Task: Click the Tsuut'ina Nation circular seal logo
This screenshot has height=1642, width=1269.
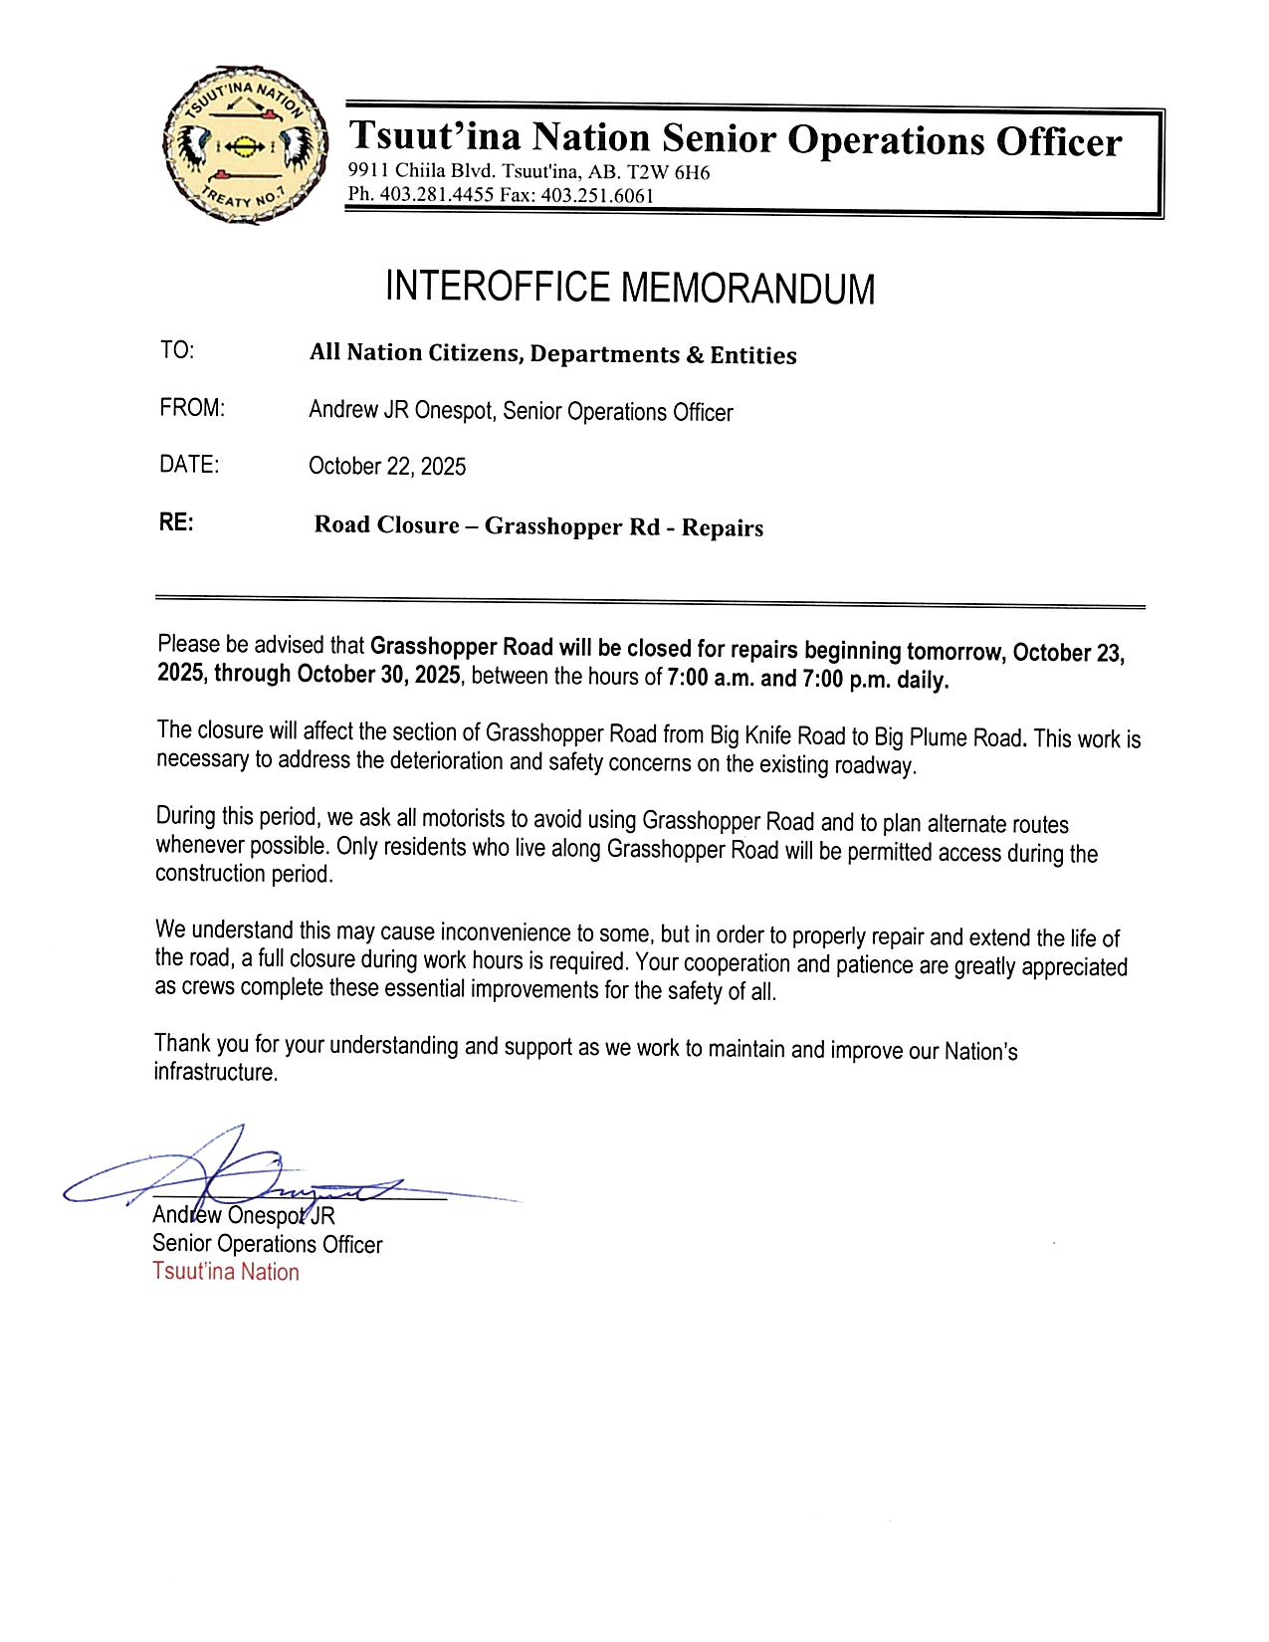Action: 245,146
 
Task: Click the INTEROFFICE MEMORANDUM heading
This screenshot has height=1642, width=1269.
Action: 629,288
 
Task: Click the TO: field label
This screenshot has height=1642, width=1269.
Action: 177,350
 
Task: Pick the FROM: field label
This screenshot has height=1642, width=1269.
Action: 192,408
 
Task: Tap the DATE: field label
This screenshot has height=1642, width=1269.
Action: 189,464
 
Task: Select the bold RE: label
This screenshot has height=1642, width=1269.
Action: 176,522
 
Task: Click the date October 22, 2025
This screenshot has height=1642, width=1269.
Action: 387,466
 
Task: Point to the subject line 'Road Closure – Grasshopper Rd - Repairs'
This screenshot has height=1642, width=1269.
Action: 538,526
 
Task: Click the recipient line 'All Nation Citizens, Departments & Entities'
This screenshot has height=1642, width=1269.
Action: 552,354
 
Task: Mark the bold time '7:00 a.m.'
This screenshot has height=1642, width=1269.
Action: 711,679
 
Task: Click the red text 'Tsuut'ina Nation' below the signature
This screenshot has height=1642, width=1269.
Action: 226,1272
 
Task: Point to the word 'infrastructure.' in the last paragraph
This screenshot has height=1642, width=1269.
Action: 215,1072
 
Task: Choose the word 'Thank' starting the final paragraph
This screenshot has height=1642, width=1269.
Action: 182,1043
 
